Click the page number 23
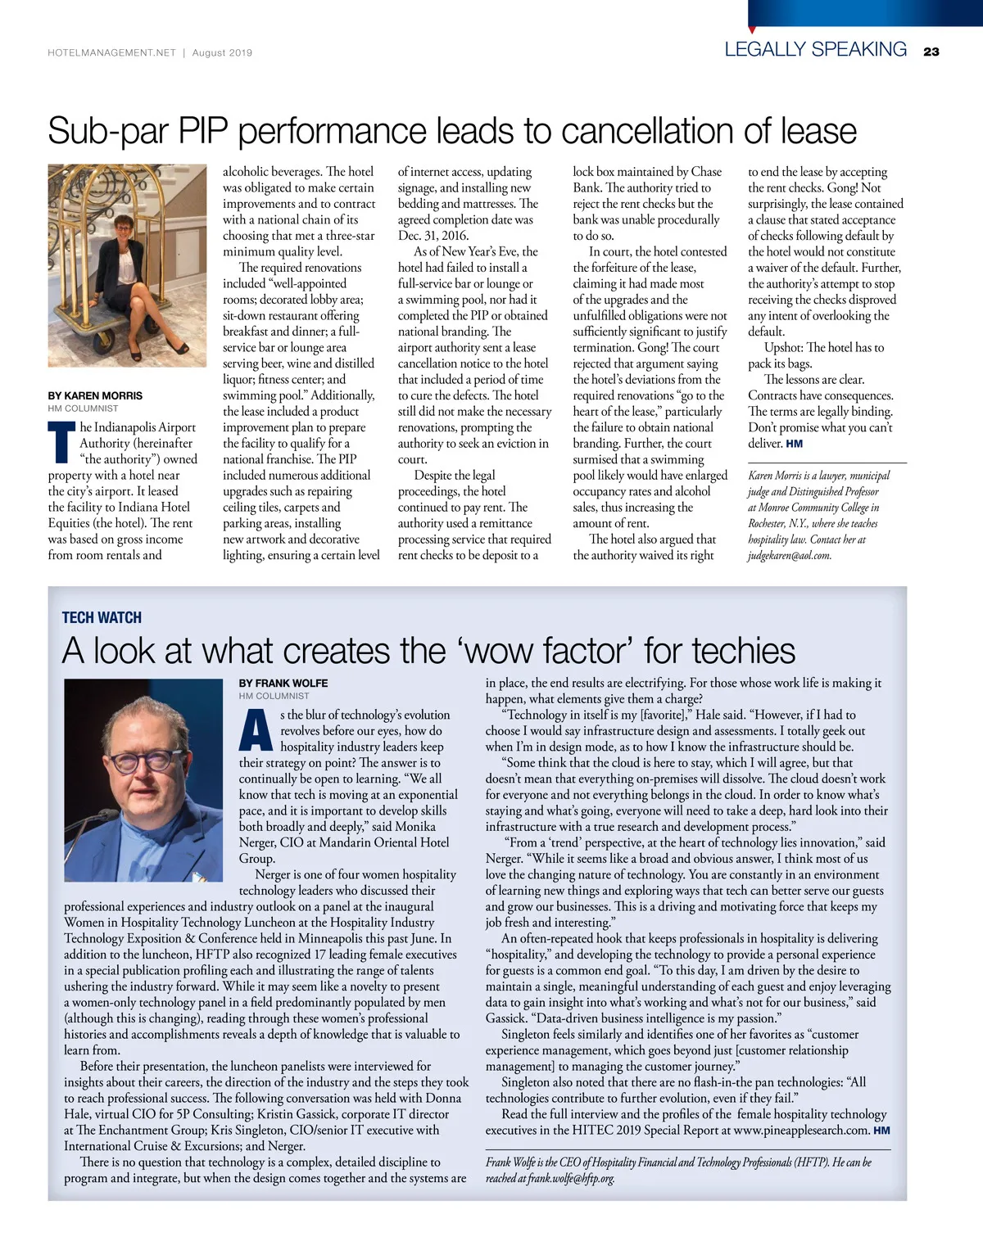pos(931,52)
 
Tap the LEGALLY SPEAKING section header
pos(815,49)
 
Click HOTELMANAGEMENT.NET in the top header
pos(112,52)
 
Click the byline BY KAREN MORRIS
pos(95,395)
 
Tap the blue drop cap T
pos(61,441)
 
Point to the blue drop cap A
pos(256,730)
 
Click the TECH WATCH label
pos(102,617)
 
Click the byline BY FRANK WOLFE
pos(283,683)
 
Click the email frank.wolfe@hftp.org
pos(571,1178)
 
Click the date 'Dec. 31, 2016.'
pos(433,236)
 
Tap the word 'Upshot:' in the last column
pos(784,347)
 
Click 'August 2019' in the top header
pos(222,52)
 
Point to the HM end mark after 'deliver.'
pos(794,444)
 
